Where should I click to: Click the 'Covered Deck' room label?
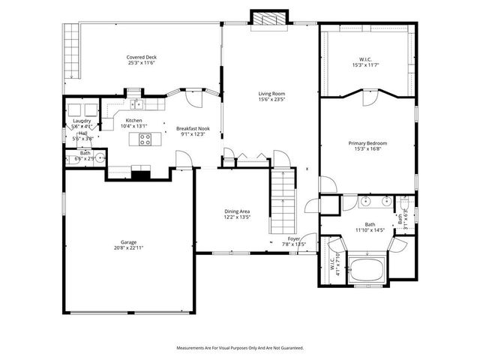[x=141, y=57]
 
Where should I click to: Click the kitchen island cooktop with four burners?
[x=145, y=139]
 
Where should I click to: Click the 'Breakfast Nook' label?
[x=193, y=128]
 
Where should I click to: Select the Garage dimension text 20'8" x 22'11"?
[x=129, y=248]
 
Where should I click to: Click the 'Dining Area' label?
[x=237, y=211]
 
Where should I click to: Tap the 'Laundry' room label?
[x=82, y=121]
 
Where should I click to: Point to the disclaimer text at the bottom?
[x=240, y=348]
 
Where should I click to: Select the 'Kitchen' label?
[x=133, y=121]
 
